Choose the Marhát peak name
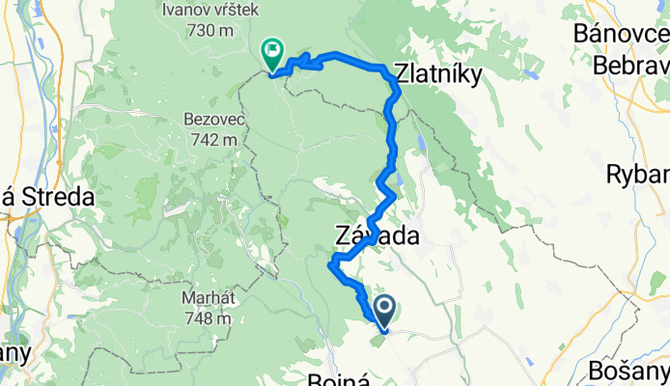click(209, 298)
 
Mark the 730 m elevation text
click(212, 31)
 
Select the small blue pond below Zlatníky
click(422, 144)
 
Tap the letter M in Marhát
click(187, 298)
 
